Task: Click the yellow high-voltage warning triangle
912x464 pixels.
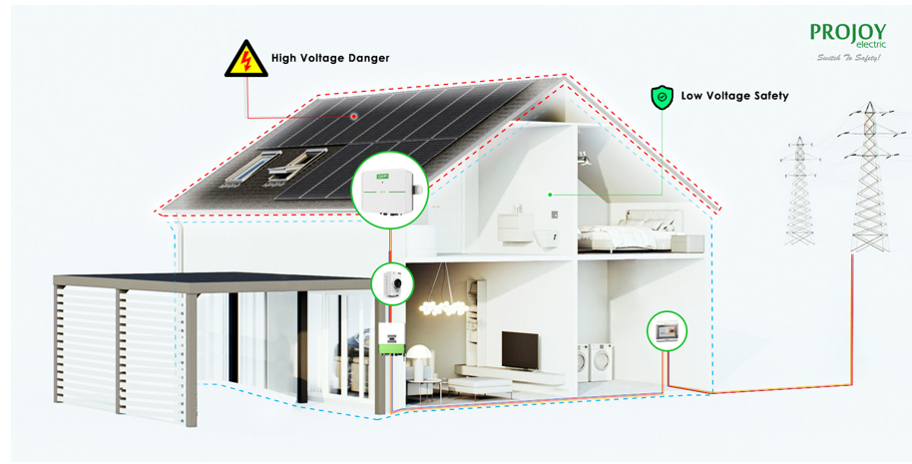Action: pos(243,59)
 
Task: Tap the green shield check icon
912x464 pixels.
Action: pos(662,97)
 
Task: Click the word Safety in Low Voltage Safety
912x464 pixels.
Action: pos(764,96)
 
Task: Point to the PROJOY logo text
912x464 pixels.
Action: pos(847,32)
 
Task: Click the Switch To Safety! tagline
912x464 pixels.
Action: pos(848,58)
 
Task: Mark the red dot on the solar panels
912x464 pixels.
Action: pos(353,117)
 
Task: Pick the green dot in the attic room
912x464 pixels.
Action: pos(549,195)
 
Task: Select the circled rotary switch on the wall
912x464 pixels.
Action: pos(393,283)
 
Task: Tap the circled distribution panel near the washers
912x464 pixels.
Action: pos(667,331)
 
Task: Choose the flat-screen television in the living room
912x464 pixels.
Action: pos(519,348)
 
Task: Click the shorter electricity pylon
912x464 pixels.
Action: pos(800,190)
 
